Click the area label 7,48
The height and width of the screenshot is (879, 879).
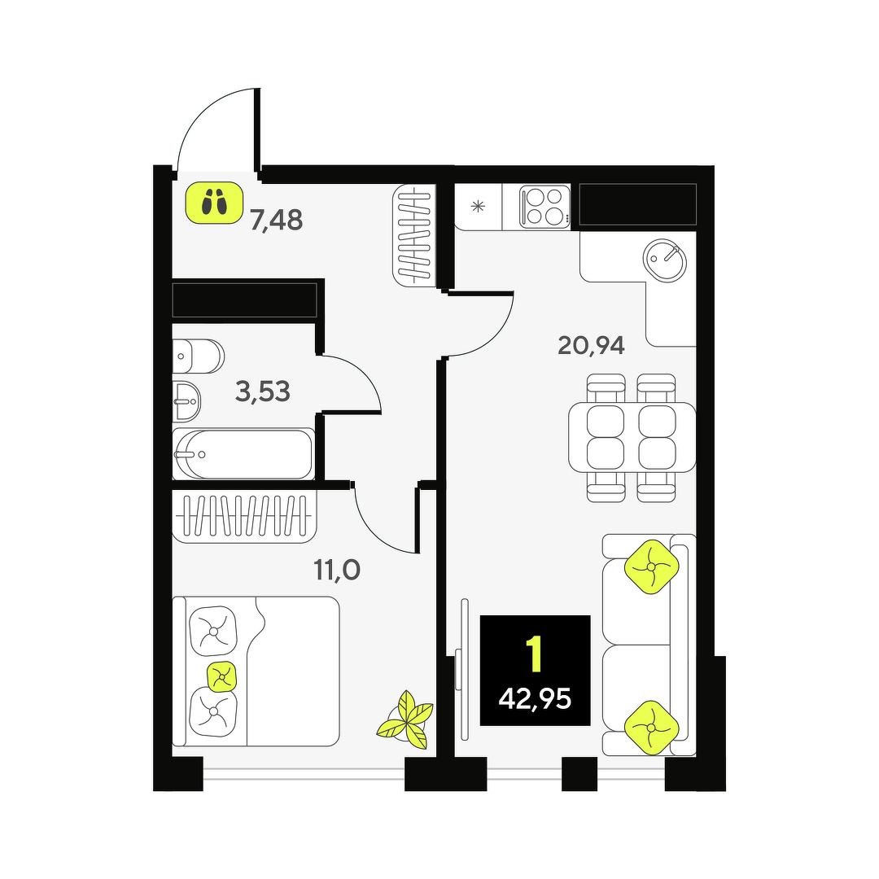[277, 221]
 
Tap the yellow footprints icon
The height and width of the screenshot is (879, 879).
[214, 203]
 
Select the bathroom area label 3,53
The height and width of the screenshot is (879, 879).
[263, 391]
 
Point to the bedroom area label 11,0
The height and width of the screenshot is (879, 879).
[337, 570]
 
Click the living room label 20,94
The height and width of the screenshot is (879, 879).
[591, 345]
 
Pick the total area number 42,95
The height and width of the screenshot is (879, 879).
[535, 699]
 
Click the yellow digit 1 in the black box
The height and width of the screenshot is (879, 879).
[535, 654]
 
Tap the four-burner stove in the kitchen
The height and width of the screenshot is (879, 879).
[544, 207]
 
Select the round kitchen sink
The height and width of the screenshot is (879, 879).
[665, 260]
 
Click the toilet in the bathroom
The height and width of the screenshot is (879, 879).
[198, 356]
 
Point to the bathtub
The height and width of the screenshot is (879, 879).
[243, 454]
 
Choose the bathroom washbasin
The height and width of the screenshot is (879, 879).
[186, 401]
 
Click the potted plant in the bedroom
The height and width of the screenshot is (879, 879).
[405, 720]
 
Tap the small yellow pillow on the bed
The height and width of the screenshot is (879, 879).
[222, 677]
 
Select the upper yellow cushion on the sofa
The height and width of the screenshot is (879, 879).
[651, 566]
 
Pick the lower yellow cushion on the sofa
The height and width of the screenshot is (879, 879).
[651, 728]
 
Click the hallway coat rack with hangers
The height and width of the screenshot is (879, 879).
[414, 235]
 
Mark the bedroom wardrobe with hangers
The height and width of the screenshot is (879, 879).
[244, 515]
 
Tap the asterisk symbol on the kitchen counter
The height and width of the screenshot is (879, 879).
[478, 206]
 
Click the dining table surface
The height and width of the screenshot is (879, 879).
[632, 437]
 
